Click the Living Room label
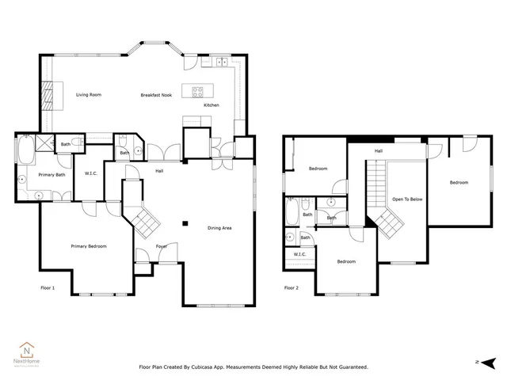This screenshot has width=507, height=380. coord(89,95)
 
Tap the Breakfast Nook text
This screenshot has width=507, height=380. coord(156,95)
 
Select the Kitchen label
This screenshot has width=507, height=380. coord(212,105)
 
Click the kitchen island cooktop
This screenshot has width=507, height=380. coord(195,89)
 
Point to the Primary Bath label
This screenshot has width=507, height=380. coord(51,174)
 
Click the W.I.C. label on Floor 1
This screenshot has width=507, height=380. coord(90,173)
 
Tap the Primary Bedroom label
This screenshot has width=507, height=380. coord(88,246)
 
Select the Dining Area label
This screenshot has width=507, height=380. coord(219,228)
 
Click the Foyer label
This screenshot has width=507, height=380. coord(162,245)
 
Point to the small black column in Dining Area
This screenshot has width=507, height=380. coord(184,223)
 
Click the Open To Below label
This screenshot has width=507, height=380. coord(406,199)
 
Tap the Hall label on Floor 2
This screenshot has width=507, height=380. coord(379,150)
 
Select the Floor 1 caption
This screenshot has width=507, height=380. coord(48,287)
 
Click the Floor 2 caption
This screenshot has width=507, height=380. coord(292,287)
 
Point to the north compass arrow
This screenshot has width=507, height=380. coord(490,362)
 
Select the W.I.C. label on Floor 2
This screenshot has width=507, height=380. coord(299,254)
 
